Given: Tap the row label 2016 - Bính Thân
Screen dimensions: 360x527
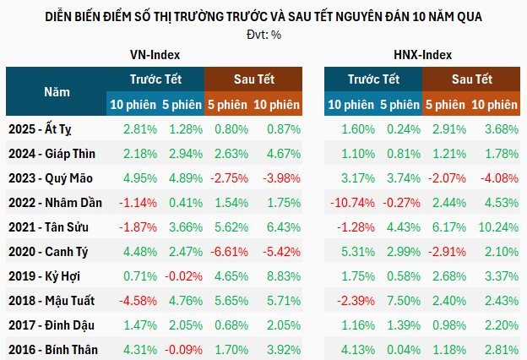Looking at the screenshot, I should click(52, 350).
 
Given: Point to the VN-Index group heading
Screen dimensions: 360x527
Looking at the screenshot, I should click(155, 54).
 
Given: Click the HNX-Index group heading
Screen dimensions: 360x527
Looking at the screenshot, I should click(422, 54).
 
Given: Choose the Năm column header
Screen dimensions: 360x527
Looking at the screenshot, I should click(56, 91).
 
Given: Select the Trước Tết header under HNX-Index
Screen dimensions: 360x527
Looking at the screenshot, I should click(372, 79).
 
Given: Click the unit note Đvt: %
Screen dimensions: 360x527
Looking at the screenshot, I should click(263, 34).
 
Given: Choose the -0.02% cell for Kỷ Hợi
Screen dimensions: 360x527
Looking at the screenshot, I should click(182, 276).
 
